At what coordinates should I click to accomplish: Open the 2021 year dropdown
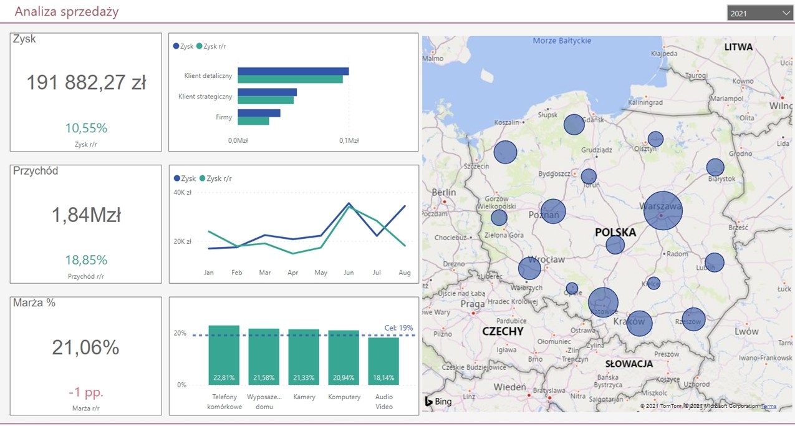759,12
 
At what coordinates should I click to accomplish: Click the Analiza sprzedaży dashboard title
66,12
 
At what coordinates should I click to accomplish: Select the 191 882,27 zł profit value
86,82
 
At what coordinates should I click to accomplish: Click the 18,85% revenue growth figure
86,259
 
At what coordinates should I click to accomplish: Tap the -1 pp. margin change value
86,392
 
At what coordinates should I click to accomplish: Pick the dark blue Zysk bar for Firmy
259,113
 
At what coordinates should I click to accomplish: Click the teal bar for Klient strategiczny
266,100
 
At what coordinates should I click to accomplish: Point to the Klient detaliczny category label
208,75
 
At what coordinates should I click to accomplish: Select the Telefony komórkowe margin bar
224,355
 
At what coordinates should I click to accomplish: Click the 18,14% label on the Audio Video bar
383,378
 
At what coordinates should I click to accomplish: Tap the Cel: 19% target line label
399,327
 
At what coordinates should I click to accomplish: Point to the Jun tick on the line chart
349,273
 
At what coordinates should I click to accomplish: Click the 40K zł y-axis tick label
182,192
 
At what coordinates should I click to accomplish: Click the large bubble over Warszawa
663,211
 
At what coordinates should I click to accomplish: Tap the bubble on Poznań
553,211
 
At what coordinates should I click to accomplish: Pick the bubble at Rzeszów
693,320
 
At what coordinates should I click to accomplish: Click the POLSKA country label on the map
615,232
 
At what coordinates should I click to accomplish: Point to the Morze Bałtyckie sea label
562,41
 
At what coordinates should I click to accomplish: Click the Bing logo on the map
438,402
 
